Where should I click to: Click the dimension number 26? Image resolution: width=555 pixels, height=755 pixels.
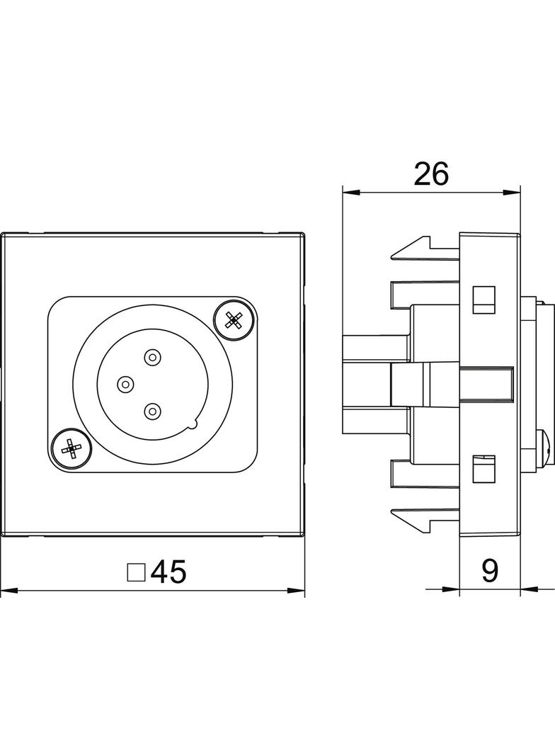(x=431, y=174)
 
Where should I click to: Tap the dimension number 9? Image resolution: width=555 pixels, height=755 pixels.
(x=490, y=571)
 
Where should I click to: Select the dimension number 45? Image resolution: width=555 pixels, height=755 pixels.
(x=168, y=572)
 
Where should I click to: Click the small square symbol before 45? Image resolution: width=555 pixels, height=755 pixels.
(x=136, y=572)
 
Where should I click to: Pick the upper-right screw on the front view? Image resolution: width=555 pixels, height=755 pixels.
(x=234, y=319)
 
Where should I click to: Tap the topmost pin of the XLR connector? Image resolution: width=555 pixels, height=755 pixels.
(x=153, y=357)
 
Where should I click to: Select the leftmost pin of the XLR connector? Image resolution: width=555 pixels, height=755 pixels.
(x=125, y=385)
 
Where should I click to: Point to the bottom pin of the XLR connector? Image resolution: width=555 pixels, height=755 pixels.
(x=152, y=411)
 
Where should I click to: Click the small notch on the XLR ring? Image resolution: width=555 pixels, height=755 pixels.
(x=193, y=424)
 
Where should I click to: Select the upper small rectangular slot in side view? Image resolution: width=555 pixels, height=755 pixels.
(x=484, y=300)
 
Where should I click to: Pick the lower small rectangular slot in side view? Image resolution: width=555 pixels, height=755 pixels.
(x=484, y=468)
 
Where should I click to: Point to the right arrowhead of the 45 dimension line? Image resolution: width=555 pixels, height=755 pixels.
(x=295, y=590)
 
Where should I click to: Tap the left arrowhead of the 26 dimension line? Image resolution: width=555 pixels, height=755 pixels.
(x=351, y=193)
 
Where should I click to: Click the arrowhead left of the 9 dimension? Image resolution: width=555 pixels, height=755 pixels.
(x=451, y=589)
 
